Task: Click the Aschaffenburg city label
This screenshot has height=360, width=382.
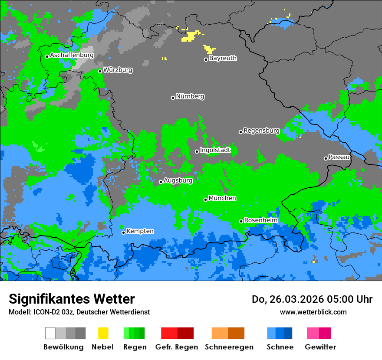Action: pos(72,56)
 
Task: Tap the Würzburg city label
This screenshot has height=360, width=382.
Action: pos(118,70)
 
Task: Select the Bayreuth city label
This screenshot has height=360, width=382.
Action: pos(223,58)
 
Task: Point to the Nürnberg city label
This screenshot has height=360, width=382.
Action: pos(190,97)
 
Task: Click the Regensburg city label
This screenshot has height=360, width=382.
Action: pos(261,131)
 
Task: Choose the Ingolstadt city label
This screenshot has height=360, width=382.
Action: pos(215,150)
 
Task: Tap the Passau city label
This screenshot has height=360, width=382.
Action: pos(339,157)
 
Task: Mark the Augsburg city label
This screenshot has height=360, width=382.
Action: pos(178,180)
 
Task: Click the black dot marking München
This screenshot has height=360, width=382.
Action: pos(206,200)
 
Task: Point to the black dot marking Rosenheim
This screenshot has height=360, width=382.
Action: pos(241,221)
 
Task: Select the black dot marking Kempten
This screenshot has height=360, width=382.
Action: pos(124,232)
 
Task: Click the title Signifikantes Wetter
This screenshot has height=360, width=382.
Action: pos(72,299)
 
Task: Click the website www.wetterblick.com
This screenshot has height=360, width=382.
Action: pos(313,312)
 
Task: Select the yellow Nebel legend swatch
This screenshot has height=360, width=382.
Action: pos(103,333)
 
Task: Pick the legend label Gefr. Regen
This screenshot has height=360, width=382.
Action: pos(177,347)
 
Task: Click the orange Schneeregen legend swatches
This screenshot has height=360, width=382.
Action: pos(228,333)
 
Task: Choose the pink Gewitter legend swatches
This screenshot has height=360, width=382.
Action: pos(319,333)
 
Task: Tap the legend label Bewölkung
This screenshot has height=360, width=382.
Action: pos(63,347)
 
